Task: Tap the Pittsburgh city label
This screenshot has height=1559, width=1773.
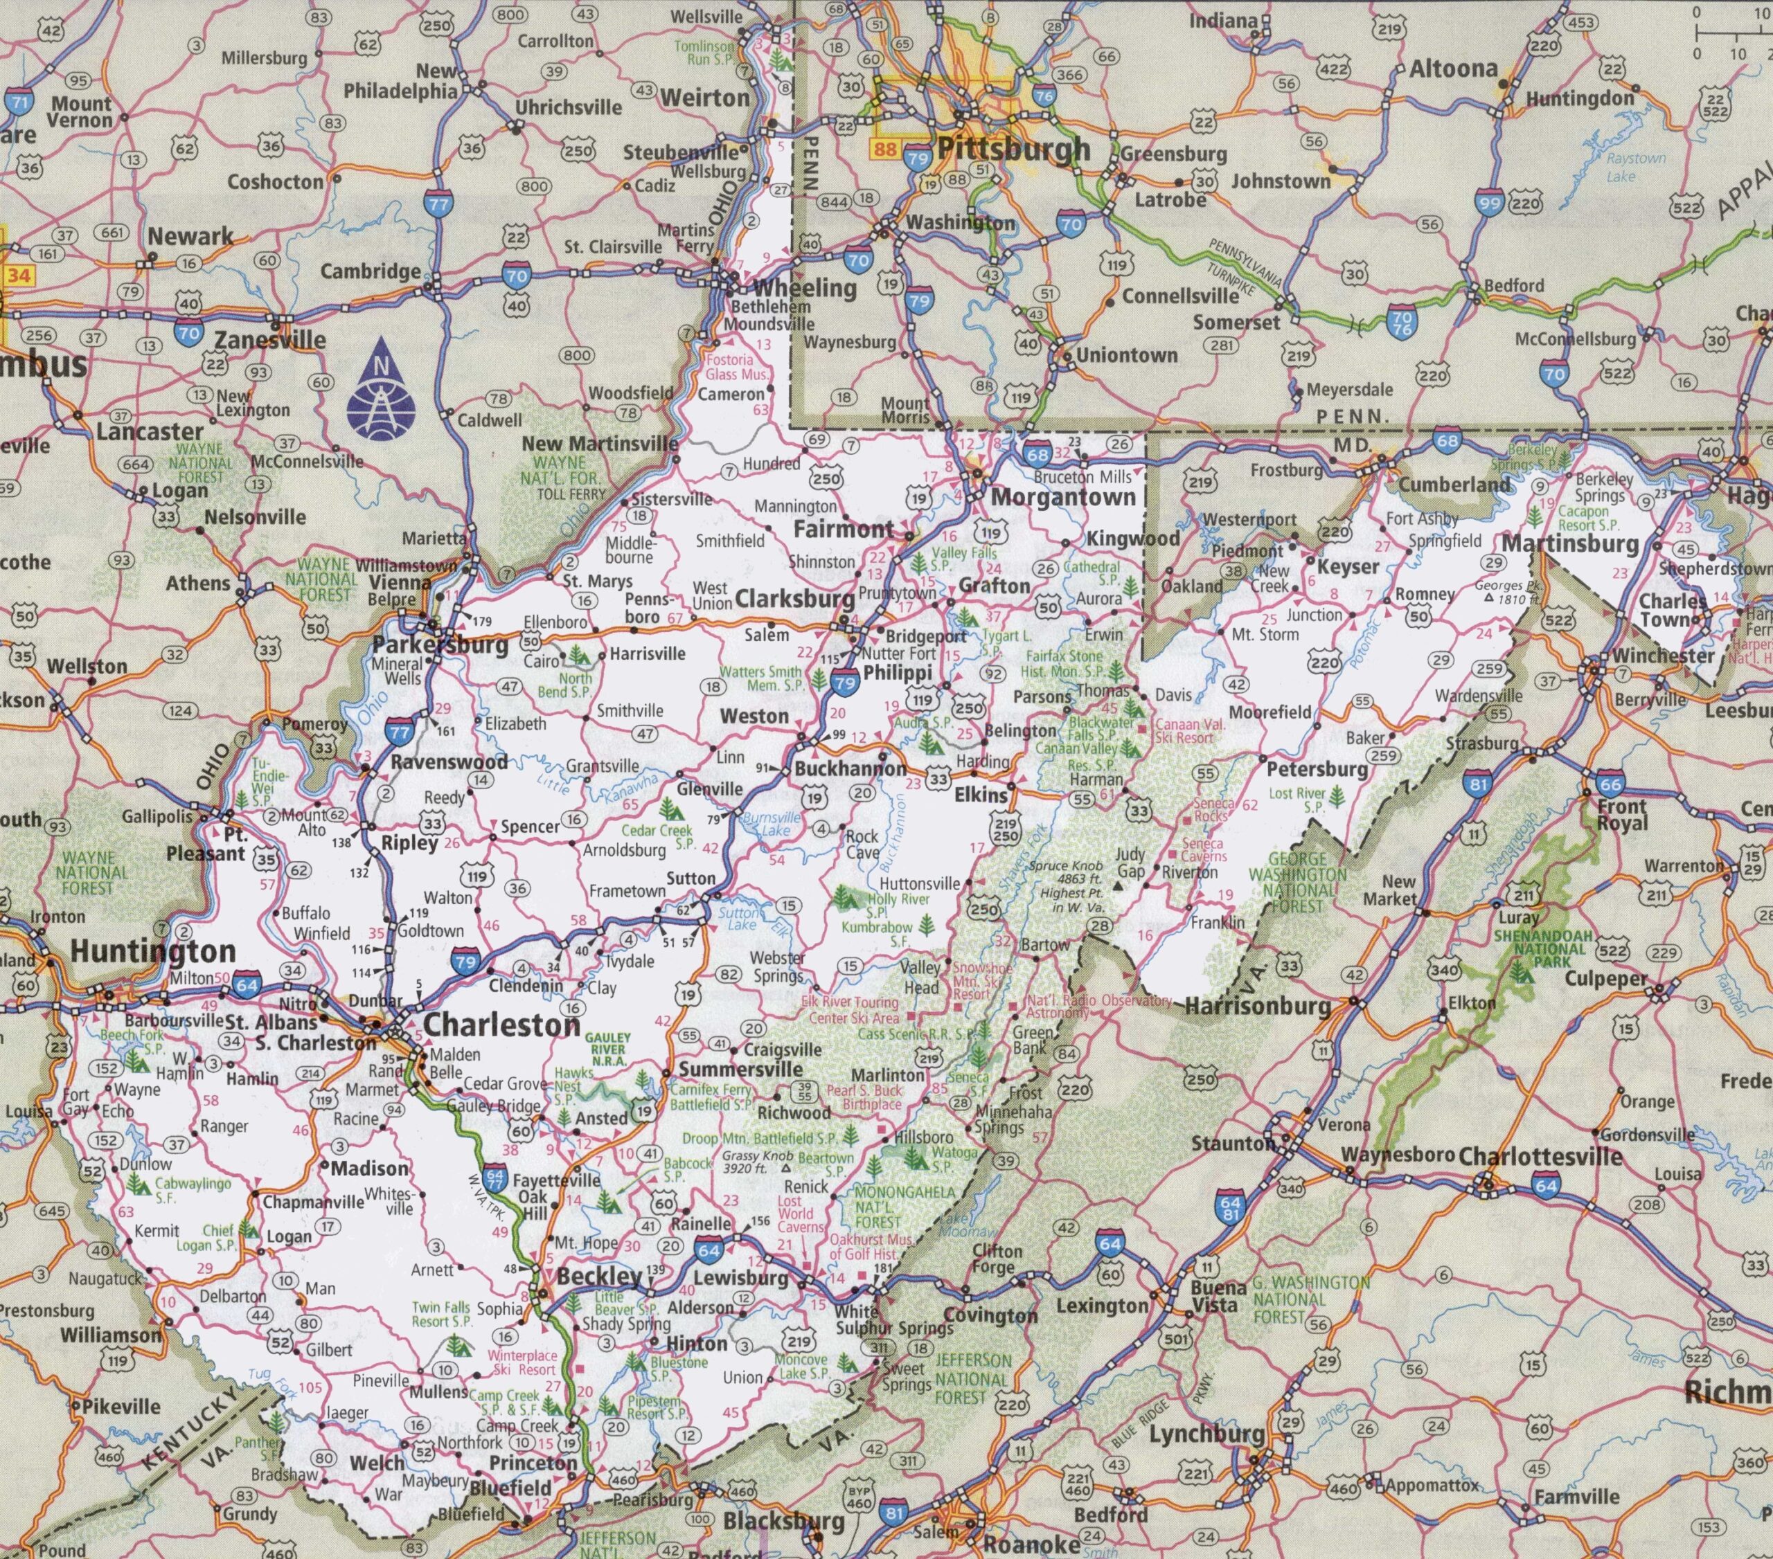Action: (x=1013, y=149)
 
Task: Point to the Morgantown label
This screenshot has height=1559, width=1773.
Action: (x=1062, y=497)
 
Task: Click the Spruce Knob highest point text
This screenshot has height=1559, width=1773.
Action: (x=1066, y=885)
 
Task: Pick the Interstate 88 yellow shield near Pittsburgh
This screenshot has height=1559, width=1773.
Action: (x=884, y=149)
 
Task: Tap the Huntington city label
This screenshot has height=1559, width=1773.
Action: (x=152, y=951)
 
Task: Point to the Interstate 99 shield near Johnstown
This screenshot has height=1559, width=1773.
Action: (x=1489, y=203)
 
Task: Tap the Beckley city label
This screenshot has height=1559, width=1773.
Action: (x=599, y=1277)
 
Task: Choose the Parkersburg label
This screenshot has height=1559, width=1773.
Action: (x=440, y=645)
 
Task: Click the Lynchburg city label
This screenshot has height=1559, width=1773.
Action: (x=1206, y=1434)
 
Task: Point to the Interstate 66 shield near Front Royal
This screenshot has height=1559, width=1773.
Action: (x=1611, y=783)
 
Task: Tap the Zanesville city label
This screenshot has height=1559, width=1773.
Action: (x=270, y=340)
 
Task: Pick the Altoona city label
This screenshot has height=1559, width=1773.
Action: (x=1453, y=69)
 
